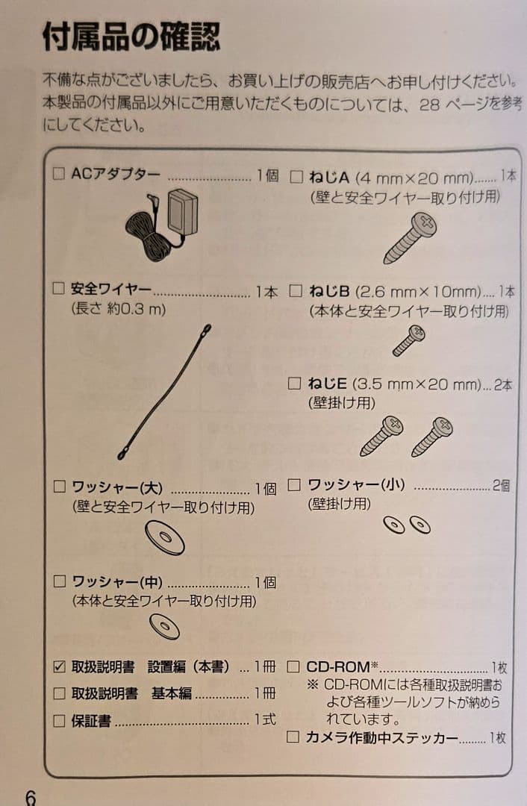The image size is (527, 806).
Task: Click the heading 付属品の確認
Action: click(131, 38)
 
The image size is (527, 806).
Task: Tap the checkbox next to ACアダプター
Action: click(59, 175)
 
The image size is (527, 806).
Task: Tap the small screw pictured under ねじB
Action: click(408, 340)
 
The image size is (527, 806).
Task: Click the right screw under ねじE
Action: click(432, 436)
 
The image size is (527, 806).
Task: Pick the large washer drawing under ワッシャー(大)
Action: click(165, 537)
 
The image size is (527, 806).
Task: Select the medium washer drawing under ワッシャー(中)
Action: click(164, 626)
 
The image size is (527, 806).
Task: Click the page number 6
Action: click(30, 797)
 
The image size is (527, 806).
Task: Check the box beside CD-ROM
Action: click(293, 666)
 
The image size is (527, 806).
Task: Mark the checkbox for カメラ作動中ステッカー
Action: click(293, 737)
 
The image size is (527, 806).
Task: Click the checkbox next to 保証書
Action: click(60, 721)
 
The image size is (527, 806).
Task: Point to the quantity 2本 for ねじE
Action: click(502, 385)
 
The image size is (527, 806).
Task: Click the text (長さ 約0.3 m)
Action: click(118, 309)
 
